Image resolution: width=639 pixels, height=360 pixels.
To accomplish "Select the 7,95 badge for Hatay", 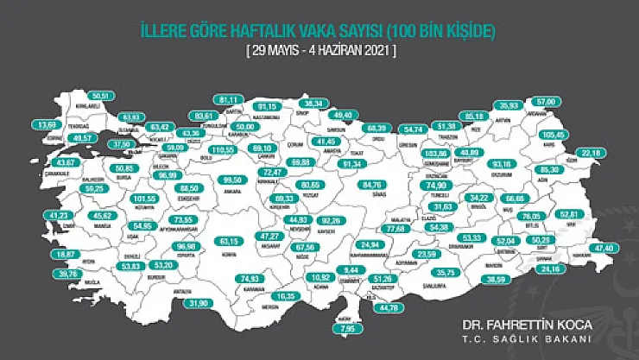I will coord(348,328).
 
